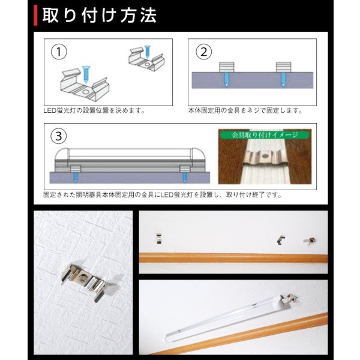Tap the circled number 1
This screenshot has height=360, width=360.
(x=58, y=52)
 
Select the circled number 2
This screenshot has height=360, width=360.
(x=203, y=52)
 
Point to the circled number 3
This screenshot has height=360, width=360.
(x=58, y=136)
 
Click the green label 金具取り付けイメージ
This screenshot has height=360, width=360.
(x=264, y=136)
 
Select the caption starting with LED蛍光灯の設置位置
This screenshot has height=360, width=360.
(x=94, y=111)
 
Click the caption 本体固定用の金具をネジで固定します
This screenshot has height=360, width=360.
(x=245, y=111)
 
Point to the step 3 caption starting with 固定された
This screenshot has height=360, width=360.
(x=162, y=195)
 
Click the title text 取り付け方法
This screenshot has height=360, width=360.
(x=102, y=15)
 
